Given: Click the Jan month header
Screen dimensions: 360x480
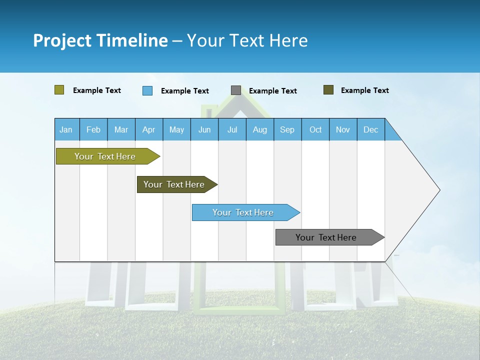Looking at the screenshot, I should pyautogui.click(x=66, y=129).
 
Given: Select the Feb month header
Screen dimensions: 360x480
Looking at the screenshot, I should pyautogui.click(x=93, y=129).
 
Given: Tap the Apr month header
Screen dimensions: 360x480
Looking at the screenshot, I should pyautogui.click(x=148, y=129).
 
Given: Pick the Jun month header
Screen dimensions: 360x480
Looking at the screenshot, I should pyautogui.click(x=204, y=129).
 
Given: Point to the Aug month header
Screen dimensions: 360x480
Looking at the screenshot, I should pyautogui.click(x=259, y=129).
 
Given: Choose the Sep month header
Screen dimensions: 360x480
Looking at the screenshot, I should pyautogui.click(x=287, y=129).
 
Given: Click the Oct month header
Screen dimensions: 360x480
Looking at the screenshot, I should pyautogui.click(x=315, y=129).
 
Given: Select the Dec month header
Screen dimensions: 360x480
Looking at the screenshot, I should pyautogui.click(x=370, y=129).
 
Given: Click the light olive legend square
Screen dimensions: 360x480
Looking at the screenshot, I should pyautogui.click(x=59, y=90).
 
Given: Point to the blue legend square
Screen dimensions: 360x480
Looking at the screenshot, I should pyautogui.click(x=147, y=90).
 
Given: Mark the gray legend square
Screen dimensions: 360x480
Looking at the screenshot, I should pyautogui.click(x=236, y=90).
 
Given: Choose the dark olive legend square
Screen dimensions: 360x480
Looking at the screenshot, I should pyautogui.click(x=328, y=90).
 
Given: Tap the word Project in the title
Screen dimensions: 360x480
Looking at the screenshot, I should pyautogui.click(x=62, y=40).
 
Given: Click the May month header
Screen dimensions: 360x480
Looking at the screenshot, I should pyautogui.click(x=176, y=129).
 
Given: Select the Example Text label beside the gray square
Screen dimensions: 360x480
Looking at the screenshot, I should pyautogui.click(x=272, y=91).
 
